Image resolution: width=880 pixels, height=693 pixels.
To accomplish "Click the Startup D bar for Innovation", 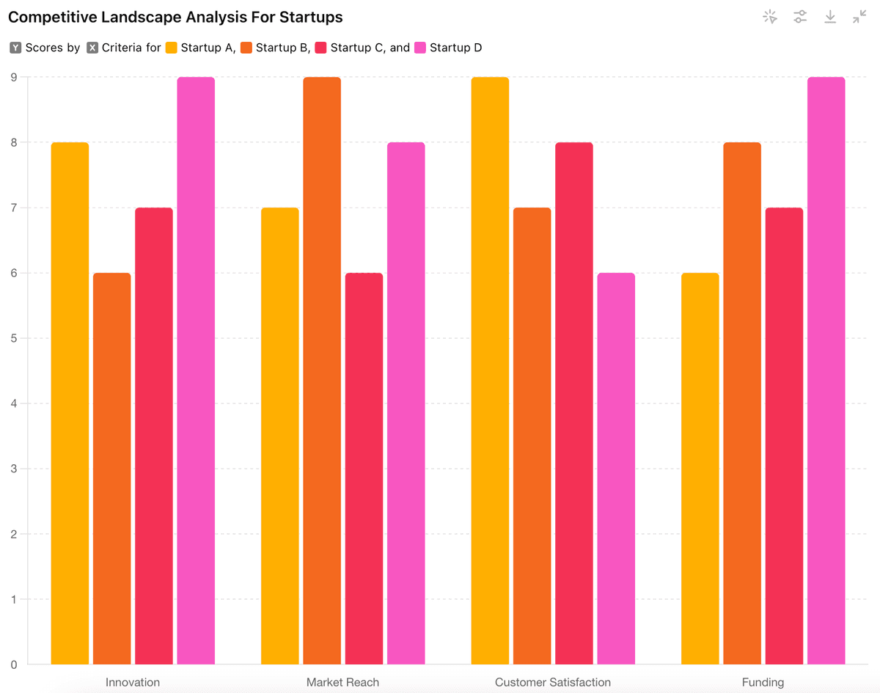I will pyautogui.click(x=196, y=370).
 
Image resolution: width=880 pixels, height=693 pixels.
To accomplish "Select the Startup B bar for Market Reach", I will pyautogui.click(x=322, y=370).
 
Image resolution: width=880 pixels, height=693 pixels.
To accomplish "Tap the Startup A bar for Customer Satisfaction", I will pyautogui.click(x=490, y=370).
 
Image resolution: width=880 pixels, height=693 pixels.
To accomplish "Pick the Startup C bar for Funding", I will pyautogui.click(x=784, y=436).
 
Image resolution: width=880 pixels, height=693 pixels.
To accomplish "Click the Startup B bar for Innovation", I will pyautogui.click(x=112, y=469).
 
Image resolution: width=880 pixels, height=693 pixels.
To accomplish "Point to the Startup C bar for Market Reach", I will pyautogui.click(x=364, y=469).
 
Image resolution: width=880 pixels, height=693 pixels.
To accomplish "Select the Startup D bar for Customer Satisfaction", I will pyautogui.click(x=616, y=469).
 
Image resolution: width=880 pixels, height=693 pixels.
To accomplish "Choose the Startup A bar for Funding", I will pyautogui.click(x=700, y=469).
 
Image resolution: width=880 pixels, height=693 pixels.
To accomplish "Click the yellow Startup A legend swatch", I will pyautogui.click(x=172, y=48).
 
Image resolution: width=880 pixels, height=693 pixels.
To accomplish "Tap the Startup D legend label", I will pyautogui.click(x=455, y=48).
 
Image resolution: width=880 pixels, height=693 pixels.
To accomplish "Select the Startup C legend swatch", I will pyautogui.click(x=321, y=48).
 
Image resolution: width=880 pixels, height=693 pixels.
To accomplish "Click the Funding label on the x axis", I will pyautogui.click(x=763, y=682).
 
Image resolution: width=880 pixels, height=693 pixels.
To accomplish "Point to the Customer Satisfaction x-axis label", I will pyautogui.click(x=553, y=682).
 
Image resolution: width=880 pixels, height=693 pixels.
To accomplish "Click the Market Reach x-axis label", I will pyautogui.click(x=342, y=682).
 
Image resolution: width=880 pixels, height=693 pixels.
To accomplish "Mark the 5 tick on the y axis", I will pyautogui.click(x=13, y=338).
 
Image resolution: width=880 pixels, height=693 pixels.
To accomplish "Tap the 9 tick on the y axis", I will pyautogui.click(x=13, y=77).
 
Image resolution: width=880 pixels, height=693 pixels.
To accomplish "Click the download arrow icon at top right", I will pyautogui.click(x=830, y=17).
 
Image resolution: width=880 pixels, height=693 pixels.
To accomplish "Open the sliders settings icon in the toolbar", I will pyautogui.click(x=800, y=17).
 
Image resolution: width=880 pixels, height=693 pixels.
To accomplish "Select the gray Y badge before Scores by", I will pyautogui.click(x=16, y=48).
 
